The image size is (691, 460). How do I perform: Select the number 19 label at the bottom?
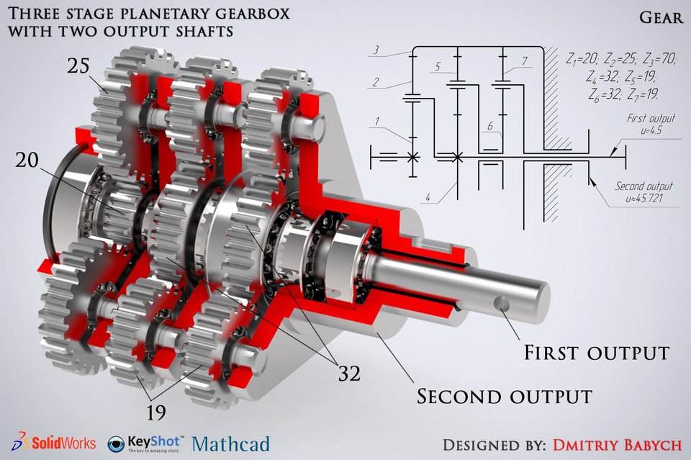click(156, 412)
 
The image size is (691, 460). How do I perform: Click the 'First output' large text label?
click(596, 353)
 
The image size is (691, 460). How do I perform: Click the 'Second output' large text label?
click(505, 395)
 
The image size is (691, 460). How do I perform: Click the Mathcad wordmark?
click(230, 443)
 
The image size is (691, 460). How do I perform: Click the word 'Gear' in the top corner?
click(660, 17)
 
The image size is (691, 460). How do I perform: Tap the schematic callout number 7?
click(526, 59)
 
